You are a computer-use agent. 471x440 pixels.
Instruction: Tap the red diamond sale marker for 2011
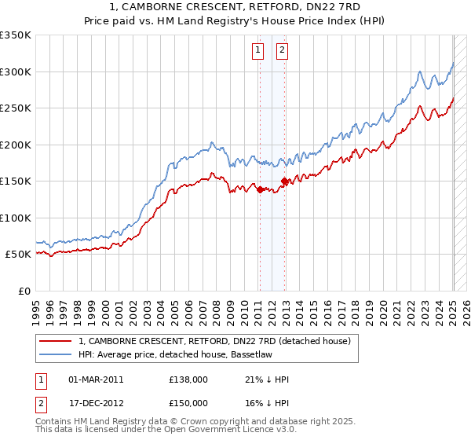coord(260,189)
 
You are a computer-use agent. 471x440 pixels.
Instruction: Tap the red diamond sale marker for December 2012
coord(284,181)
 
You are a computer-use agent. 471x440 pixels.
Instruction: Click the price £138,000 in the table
coord(188,379)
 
